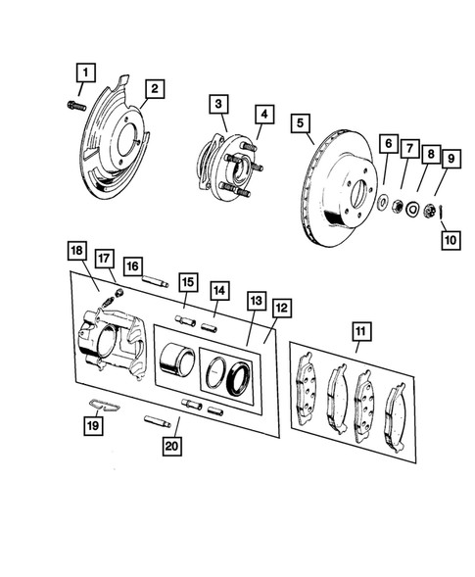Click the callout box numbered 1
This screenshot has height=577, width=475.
[x=86, y=72]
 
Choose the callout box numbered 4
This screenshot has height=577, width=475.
[x=263, y=114]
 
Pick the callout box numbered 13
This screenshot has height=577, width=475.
[x=256, y=300]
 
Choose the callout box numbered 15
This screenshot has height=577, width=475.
[x=187, y=285]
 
